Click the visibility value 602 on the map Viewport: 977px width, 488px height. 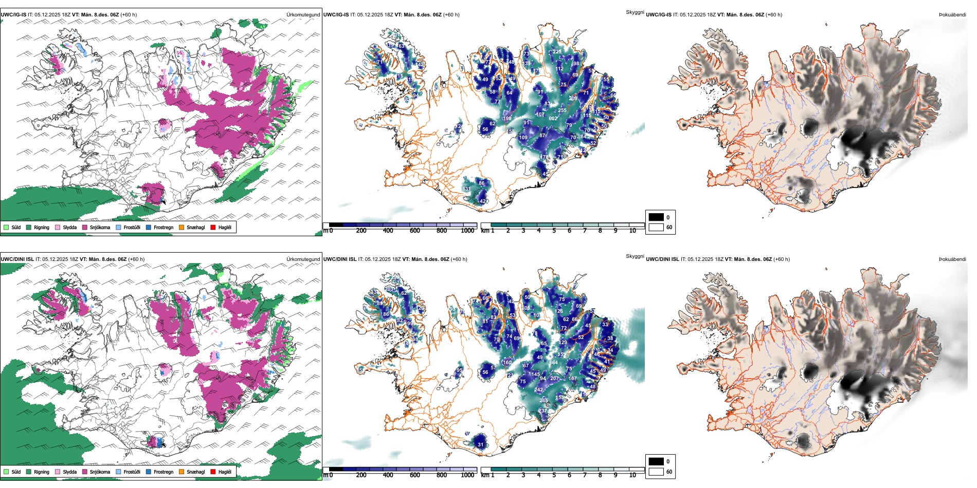click(x=553, y=119)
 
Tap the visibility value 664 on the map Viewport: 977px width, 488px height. click(x=553, y=363)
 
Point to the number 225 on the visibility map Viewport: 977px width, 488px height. click(x=557, y=52)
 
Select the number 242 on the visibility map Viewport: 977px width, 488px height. click(x=538, y=390)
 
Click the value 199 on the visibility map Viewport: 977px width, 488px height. click(x=507, y=119)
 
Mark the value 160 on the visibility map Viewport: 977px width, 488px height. click(x=507, y=363)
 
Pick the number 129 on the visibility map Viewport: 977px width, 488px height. click(x=563, y=343)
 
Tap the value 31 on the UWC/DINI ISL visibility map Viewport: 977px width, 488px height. click(x=480, y=445)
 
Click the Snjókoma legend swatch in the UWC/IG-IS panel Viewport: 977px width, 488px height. click(x=85, y=228)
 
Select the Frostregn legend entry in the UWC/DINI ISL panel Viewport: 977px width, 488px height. click(x=149, y=472)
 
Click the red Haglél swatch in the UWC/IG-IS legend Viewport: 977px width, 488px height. click(x=213, y=228)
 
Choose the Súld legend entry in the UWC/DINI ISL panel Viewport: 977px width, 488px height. click(x=6, y=472)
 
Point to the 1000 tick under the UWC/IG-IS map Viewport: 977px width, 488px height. click(x=467, y=231)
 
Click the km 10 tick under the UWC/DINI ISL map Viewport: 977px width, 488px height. click(x=632, y=475)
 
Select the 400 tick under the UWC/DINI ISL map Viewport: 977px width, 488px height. click(x=388, y=475)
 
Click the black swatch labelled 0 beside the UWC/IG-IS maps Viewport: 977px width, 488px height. click(x=656, y=217)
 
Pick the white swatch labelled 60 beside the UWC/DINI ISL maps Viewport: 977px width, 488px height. click(x=656, y=472)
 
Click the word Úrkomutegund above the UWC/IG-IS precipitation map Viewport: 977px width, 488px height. click(x=303, y=15)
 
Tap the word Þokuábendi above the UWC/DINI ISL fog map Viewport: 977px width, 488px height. click(x=952, y=259)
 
